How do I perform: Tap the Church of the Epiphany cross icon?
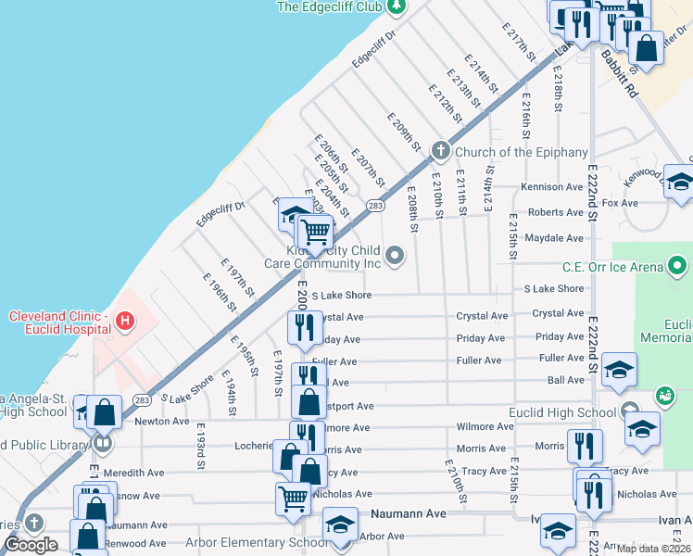click(x=441, y=150)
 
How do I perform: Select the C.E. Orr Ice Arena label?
click(x=611, y=268)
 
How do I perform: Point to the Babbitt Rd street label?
click(x=619, y=74)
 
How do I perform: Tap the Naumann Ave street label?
click(x=409, y=512)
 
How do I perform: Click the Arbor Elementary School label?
click(x=257, y=543)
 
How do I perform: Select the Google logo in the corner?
click(x=31, y=545)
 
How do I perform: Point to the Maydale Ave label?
click(x=554, y=238)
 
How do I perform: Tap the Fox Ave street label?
click(x=620, y=202)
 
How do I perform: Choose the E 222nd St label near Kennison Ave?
click(x=592, y=176)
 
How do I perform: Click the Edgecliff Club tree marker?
click(x=397, y=6)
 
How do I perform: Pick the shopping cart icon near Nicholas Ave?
click(x=293, y=498)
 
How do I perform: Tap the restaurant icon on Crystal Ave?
click(x=303, y=325)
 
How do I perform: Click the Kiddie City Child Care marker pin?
click(x=396, y=255)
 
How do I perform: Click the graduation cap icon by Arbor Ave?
click(x=340, y=524)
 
